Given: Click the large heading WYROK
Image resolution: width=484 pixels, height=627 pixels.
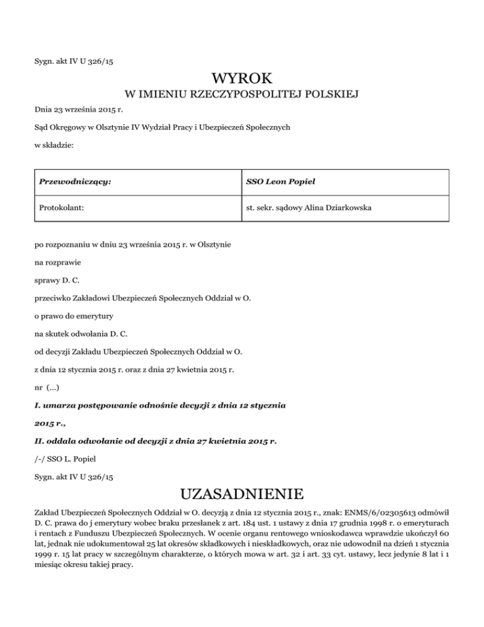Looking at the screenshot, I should click(242, 78).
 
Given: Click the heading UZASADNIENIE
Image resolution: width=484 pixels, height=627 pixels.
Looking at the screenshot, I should click(242, 492).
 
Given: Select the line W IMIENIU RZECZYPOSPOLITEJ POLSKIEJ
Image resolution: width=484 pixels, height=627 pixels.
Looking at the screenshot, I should click(242, 95).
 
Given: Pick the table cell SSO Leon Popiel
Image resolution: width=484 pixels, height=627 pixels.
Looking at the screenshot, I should click(280, 182).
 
